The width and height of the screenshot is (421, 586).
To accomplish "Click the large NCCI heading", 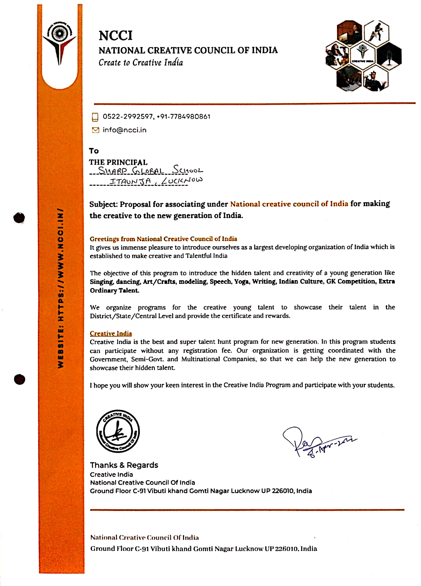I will point(115,36).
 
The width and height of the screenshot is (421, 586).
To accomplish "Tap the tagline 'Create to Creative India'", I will point(141,62).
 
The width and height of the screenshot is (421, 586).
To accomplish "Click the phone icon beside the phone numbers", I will point(95,117).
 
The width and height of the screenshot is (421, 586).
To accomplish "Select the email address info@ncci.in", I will point(125,130).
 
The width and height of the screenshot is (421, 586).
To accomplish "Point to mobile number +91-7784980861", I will point(184,117).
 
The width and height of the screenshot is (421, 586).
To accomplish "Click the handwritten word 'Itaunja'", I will point(130,181).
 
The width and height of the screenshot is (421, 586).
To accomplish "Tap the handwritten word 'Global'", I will point(148,171).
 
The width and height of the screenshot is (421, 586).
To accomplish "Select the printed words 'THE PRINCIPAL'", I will point(118,162).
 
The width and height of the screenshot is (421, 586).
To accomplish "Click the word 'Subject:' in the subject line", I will point(103,204).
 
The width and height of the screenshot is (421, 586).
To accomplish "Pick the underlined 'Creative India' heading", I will point(111,333).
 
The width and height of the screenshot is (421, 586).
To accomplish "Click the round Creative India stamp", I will point(118,431).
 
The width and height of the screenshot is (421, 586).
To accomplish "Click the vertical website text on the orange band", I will point(60,288).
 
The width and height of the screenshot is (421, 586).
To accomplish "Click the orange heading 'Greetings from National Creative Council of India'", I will point(163,239).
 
